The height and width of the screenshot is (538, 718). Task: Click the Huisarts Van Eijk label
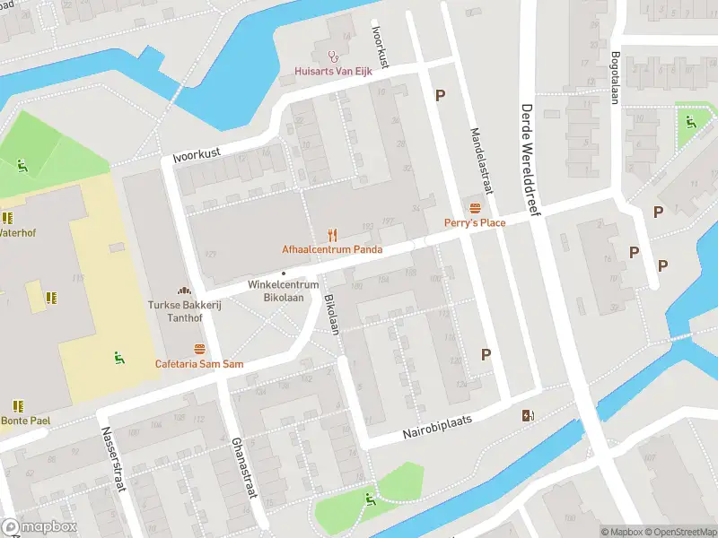coord(334,72)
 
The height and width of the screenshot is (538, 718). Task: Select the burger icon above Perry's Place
coord(474,207)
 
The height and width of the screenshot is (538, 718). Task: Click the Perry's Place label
coord(474,222)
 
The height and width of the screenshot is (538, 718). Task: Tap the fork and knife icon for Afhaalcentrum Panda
coord(332,235)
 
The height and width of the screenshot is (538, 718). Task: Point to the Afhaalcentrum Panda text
coord(332,249)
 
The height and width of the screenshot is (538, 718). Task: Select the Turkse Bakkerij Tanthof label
coord(185,310)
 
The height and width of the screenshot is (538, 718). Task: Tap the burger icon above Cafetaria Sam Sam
coord(199,348)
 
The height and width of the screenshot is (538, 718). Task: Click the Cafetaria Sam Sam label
coord(199,363)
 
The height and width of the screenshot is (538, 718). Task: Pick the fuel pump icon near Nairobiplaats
coord(529,414)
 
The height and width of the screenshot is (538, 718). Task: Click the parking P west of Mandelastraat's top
coord(440,95)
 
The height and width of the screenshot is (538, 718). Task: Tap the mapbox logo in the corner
coord(38,526)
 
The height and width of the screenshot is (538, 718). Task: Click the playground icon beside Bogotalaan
coord(689,121)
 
